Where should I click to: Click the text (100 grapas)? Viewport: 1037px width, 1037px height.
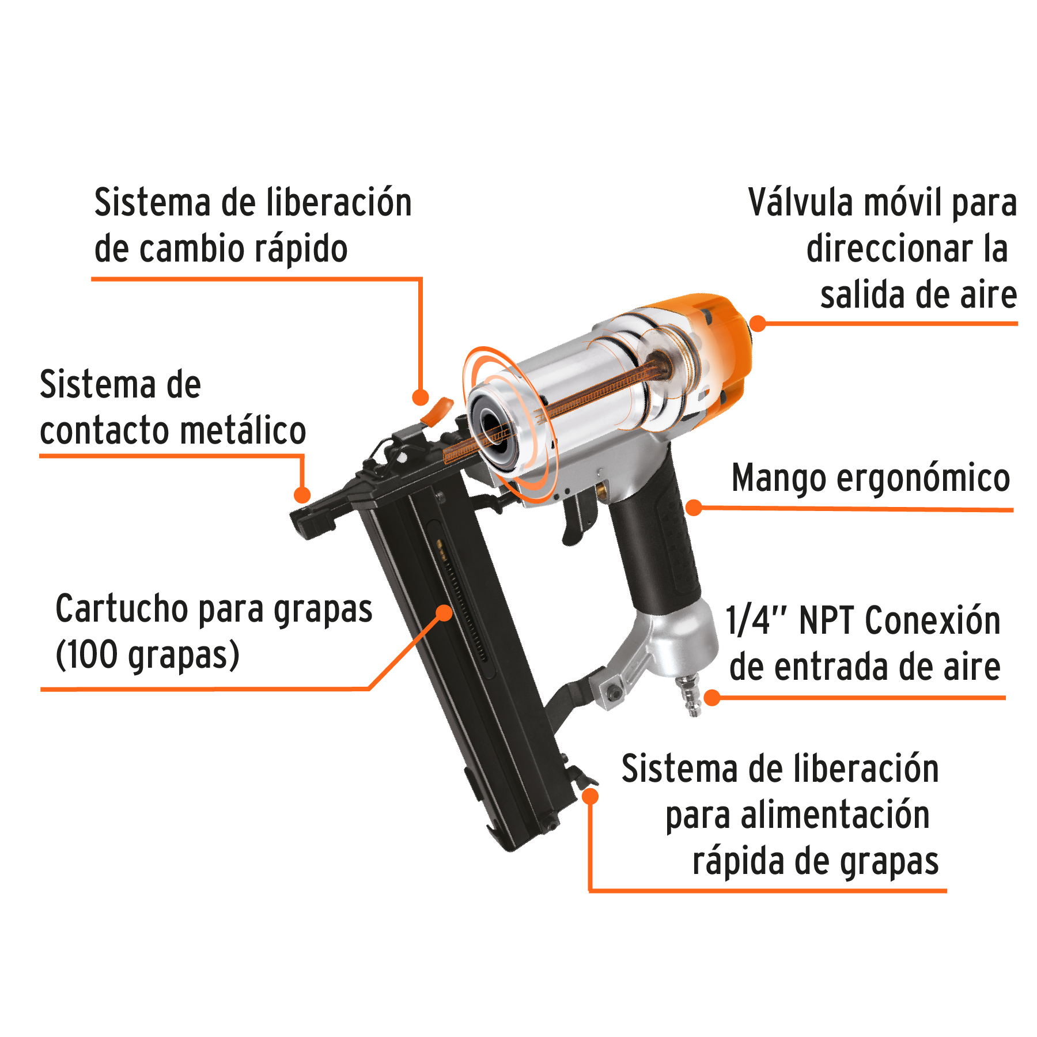[147, 656]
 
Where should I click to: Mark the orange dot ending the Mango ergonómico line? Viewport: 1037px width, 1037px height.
[694, 508]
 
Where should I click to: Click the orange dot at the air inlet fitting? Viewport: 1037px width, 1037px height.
[713, 698]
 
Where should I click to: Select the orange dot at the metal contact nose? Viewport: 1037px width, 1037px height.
[302, 494]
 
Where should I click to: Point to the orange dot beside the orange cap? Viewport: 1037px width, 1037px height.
[758, 323]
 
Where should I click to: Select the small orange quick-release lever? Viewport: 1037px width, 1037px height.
[438, 410]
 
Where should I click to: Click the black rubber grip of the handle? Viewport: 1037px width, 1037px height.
[657, 547]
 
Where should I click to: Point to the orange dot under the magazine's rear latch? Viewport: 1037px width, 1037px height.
[590, 796]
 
